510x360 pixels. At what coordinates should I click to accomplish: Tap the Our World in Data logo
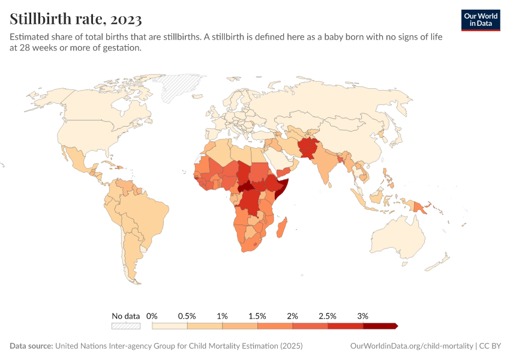(481, 20)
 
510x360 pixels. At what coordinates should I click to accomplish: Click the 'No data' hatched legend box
(125, 326)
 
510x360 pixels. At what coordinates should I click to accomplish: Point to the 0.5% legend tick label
(187, 316)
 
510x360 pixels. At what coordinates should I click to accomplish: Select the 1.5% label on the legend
(257, 316)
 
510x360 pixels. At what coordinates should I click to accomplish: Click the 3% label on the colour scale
(362, 316)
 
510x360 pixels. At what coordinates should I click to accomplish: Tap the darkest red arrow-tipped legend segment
(380, 326)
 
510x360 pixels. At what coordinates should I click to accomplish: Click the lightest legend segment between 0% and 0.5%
(170, 326)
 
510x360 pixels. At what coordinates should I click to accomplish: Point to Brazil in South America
(147, 213)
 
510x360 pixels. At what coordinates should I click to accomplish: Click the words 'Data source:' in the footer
(31, 346)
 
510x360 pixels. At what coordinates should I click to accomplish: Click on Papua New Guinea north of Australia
(422, 208)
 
